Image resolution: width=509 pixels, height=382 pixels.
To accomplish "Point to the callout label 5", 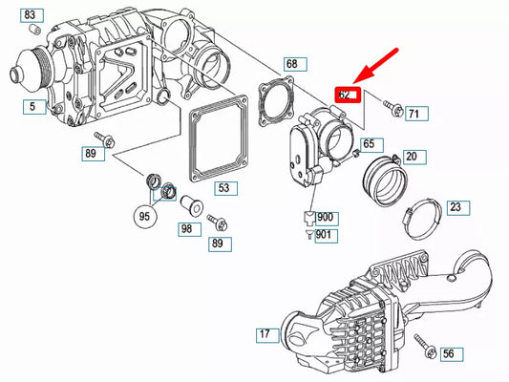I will [x=31, y=107].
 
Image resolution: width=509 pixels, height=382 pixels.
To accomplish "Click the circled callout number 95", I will [x=144, y=215].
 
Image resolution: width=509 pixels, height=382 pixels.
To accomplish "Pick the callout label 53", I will [x=223, y=189].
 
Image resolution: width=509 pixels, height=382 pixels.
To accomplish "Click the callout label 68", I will [x=291, y=65].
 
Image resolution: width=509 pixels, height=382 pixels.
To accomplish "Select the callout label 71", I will [x=413, y=115].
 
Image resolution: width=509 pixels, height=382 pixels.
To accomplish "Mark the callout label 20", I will [x=411, y=157].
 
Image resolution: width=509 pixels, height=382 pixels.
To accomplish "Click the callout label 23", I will [x=455, y=207].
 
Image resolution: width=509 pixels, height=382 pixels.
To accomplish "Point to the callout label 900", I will [x=327, y=217].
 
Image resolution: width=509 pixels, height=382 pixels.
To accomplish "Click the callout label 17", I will [x=264, y=335].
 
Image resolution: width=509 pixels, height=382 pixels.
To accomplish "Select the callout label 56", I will [x=447, y=354].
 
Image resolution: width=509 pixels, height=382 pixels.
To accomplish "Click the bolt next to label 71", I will [x=390, y=105].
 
